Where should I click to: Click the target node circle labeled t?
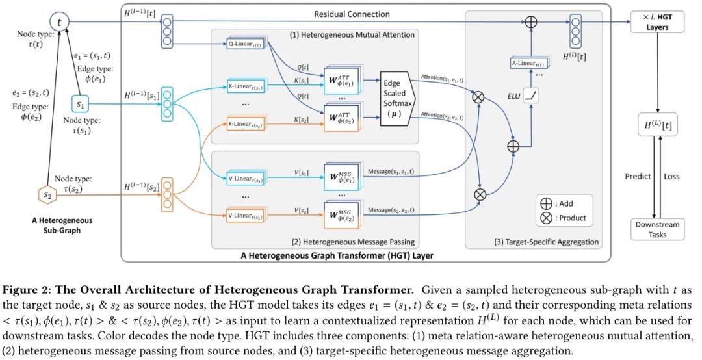pyautogui.click(x=60, y=22)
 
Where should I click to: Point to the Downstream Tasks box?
pyautogui.click(x=658, y=229)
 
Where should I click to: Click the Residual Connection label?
pyautogui.click(x=352, y=14)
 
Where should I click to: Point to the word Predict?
pyautogui.click(x=638, y=176)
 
